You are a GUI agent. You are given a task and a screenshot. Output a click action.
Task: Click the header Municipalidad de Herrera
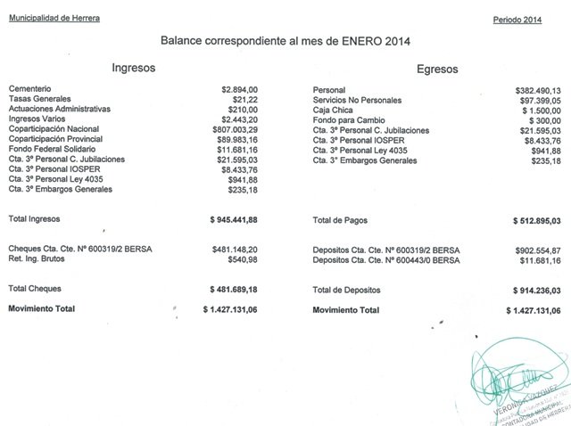click(54, 19)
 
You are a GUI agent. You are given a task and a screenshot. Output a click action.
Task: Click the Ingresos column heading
click(135, 67)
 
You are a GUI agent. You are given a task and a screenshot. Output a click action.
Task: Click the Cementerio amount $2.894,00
click(240, 91)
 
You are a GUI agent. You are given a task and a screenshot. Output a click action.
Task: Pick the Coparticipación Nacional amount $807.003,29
click(233, 130)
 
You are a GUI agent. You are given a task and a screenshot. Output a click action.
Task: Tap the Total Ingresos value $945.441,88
click(234, 219)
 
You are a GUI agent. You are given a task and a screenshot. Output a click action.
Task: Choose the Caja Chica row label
click(333, 111)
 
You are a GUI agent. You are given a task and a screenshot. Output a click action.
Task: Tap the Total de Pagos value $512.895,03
click(535, 219)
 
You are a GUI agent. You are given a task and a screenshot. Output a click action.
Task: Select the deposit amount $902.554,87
click(538, 250)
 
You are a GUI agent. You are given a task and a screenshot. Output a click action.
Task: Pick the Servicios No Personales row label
click(358, 101)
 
